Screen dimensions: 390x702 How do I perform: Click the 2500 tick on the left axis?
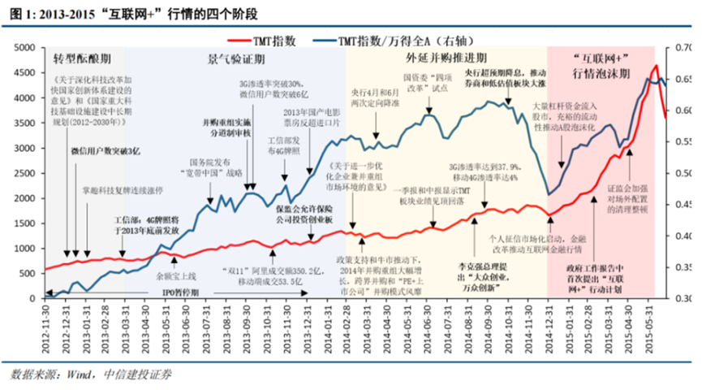click(x=25, y=173)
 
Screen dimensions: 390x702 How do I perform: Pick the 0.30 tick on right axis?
click(x=683, y=297)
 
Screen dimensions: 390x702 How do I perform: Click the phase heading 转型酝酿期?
click(x=80, y=61)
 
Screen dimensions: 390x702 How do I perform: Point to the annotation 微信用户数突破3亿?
click(x=106, y=151)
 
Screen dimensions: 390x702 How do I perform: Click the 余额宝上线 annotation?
click(x=175, y=265)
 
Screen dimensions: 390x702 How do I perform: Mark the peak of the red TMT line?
click(x=654, y=66)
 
